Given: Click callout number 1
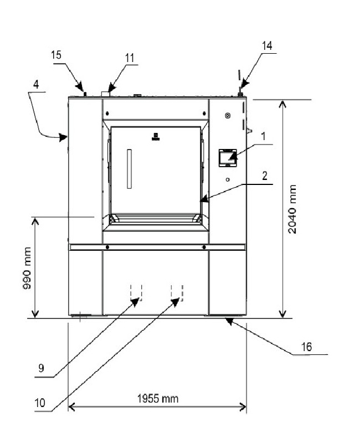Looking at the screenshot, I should pos(264,135).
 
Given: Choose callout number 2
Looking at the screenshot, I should pos(265,176).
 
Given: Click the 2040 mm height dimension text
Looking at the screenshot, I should pos(292,209).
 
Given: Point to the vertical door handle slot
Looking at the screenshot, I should pos(129,168).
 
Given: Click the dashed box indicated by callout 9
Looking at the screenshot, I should pos(136,292).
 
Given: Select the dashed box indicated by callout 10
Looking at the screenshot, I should pos(177,292).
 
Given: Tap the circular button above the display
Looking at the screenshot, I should pos(227,115).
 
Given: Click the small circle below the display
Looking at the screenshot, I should pos(228,179).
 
